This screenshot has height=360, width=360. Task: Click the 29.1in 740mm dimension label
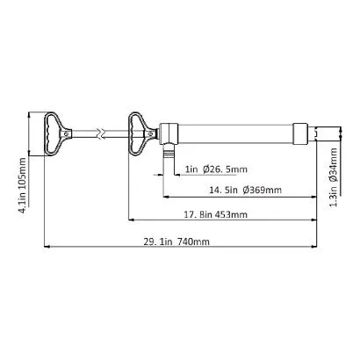pyautogui.click(x=176, y=241)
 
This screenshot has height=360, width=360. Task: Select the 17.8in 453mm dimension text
pyautogui.click(x=216, y=214)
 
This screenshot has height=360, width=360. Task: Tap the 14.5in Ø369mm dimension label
pyautogui.click(x=245, y=190)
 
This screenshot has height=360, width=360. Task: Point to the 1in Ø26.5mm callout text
pyautogui.click(x=216, y=169)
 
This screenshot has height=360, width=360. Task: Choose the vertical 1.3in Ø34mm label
pyautogui.click(x=334, y=177)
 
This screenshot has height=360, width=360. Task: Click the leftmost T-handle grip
pyautogui.click(x=51, y=133)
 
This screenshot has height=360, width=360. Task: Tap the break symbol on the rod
pyautogui.click(x=102, y=133)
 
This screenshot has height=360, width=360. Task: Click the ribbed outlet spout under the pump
pyautogui.click(x=168, y=152)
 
